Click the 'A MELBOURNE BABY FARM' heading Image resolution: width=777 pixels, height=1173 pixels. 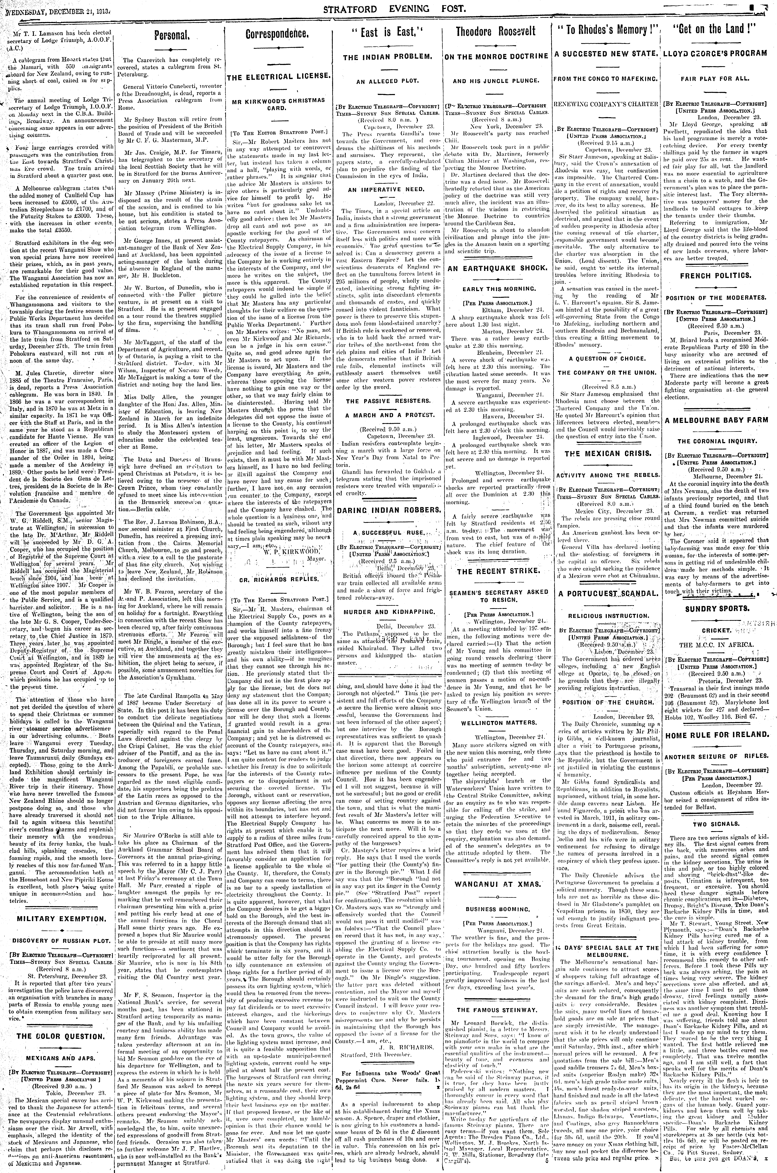717,420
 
